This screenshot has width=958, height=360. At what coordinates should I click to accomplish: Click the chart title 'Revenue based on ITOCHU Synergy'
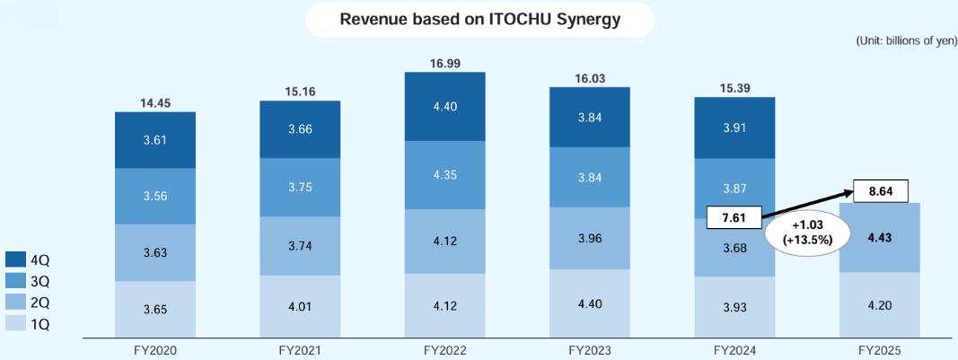coord(479,19)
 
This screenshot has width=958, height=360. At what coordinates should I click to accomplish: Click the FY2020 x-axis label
coord(154,349)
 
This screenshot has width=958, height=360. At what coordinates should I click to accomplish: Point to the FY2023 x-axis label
coord(589,349)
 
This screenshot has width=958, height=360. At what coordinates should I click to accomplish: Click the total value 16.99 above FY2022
coord(444,63)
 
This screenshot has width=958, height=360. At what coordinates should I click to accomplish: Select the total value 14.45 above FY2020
coord(155,103)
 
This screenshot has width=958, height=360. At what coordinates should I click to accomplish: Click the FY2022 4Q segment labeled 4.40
coord(444,107)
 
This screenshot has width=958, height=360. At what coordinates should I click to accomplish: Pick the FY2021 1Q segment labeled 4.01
coord(299,306)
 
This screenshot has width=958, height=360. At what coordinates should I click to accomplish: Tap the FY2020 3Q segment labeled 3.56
coord(155,197)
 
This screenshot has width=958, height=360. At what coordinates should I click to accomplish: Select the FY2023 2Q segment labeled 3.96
coord(589,238)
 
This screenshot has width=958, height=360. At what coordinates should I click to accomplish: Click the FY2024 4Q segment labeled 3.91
coord(734,127)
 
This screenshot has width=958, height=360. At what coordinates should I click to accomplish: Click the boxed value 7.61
coord(734,217)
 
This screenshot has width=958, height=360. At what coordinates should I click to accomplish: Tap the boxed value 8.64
coord(880,191)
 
